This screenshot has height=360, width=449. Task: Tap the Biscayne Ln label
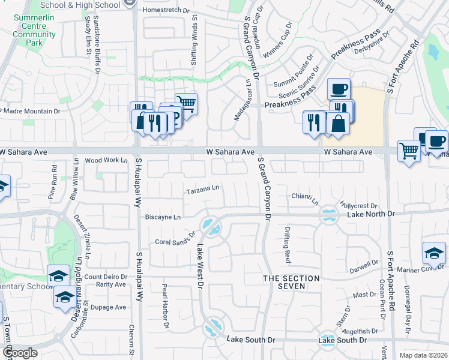pyautogui.click(x=161, y=217)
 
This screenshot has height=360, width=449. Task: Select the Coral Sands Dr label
pyautogui.click(x=176, y=239)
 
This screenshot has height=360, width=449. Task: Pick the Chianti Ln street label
pyautogui.click(x=304, y=196)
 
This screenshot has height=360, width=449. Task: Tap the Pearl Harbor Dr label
pyautogui.click(x=163, y=306)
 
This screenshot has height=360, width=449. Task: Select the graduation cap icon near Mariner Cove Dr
pyautogui.click(x=434, y=253)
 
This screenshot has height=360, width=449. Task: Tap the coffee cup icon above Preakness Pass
pyautogui.click(x=339, y=89)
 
